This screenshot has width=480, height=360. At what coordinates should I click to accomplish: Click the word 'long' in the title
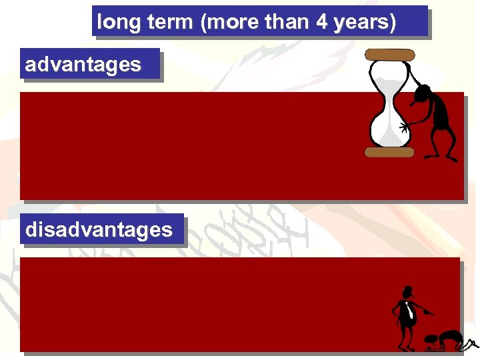(x=115, y=23)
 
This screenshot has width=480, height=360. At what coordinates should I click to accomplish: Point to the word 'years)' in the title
(x=365, y=23)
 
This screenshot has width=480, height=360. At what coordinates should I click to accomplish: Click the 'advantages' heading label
(x=83, y=65)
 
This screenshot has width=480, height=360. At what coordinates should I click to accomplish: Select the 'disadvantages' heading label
(x=99, y=230)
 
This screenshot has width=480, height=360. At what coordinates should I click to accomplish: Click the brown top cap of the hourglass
(x=390, y=55)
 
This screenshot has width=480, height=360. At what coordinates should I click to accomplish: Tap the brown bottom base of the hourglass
(x=389, y=152)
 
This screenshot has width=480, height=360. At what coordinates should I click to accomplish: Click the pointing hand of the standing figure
(x=430, y=313)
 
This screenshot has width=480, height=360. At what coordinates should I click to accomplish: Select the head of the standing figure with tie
(x=407, y=293)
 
